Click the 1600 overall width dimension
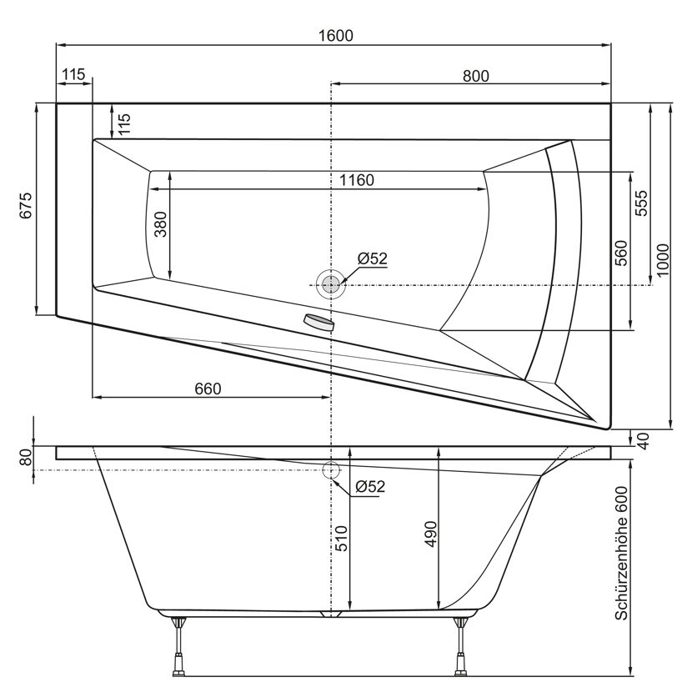(x=336, y=35)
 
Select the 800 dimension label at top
(x=476, y=77)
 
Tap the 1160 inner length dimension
(x=357, y=180)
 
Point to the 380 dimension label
(x=161, y=224)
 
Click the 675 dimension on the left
(x=26, y=205)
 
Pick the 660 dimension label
(x=208, y=389)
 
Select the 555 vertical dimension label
(x=641, y=203)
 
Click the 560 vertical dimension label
(x=621, y=253)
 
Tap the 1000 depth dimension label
(x=663, y=260)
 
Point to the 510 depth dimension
(x=342, y=539)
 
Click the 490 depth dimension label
(x=430, y=534)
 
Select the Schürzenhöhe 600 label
(x=621, y=554)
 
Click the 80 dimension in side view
(x=27, y=457)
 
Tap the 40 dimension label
(x=644, y=441)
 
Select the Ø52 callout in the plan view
(x=372, y=258)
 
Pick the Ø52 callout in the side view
(x=370, y=486)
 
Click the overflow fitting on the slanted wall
(x=318, y=322)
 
